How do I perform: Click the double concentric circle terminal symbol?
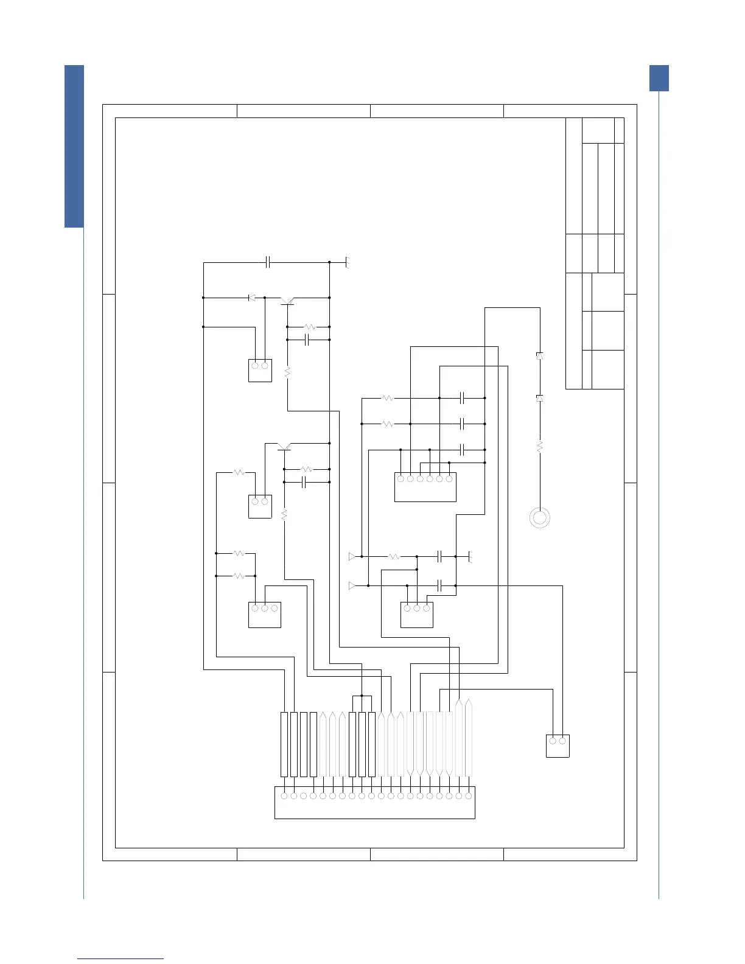(x=540, y=517)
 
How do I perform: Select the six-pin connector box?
(x=425, y=487)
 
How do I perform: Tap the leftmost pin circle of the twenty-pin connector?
(x=284, y=795)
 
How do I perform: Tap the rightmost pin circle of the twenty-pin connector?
(x=468, y=795)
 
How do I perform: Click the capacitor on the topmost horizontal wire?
(x=268, y=262)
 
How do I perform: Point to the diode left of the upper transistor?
(x=252, y=298)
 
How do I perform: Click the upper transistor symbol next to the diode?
(x=288, y=300)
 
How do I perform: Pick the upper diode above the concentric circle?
(x=539, y=355)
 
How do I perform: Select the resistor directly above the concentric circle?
(x=539, y=447)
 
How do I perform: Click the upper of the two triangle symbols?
(x=352, y=556)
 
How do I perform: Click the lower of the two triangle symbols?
(x=352, y=585)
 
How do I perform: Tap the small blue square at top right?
(x=659, y=78)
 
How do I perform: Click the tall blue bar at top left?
(x=74, y=146)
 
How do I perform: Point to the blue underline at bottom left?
(x=121, y=959)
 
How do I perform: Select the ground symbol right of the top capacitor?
(x=348, y=263)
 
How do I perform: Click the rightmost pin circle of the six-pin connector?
(x=449, y=479)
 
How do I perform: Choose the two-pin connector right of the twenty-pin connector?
(x=558, y=746)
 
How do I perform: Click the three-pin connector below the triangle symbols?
(x=417, y=614)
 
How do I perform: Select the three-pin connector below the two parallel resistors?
(x=265, y=614)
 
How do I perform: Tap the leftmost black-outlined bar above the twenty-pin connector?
(x=284, y=744)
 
